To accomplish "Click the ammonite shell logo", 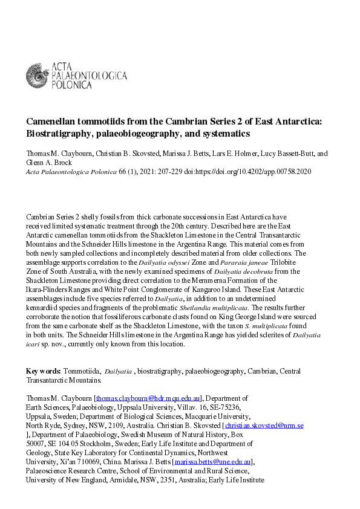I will coord(38,75).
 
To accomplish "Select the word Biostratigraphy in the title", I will coord(61,133).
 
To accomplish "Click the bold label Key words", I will coord(43,371).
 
